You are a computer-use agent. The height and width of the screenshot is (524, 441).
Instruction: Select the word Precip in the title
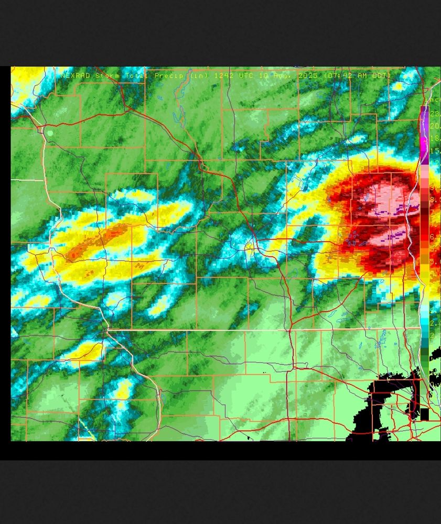click(169, 76)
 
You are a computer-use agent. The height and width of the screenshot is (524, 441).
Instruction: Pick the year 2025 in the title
click(308, 76)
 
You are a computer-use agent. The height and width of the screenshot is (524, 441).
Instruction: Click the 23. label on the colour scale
click(435, 114)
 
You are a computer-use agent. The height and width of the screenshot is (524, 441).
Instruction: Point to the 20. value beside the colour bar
click(435, 126)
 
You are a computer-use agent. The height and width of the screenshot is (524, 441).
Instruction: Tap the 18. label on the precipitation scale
click(435, 139)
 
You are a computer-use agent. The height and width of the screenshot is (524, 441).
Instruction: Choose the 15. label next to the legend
click(435, 151)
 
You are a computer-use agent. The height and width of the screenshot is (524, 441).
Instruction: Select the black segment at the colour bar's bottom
click(424, 414)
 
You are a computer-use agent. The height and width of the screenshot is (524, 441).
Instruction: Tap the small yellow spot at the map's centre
click(250, 246)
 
